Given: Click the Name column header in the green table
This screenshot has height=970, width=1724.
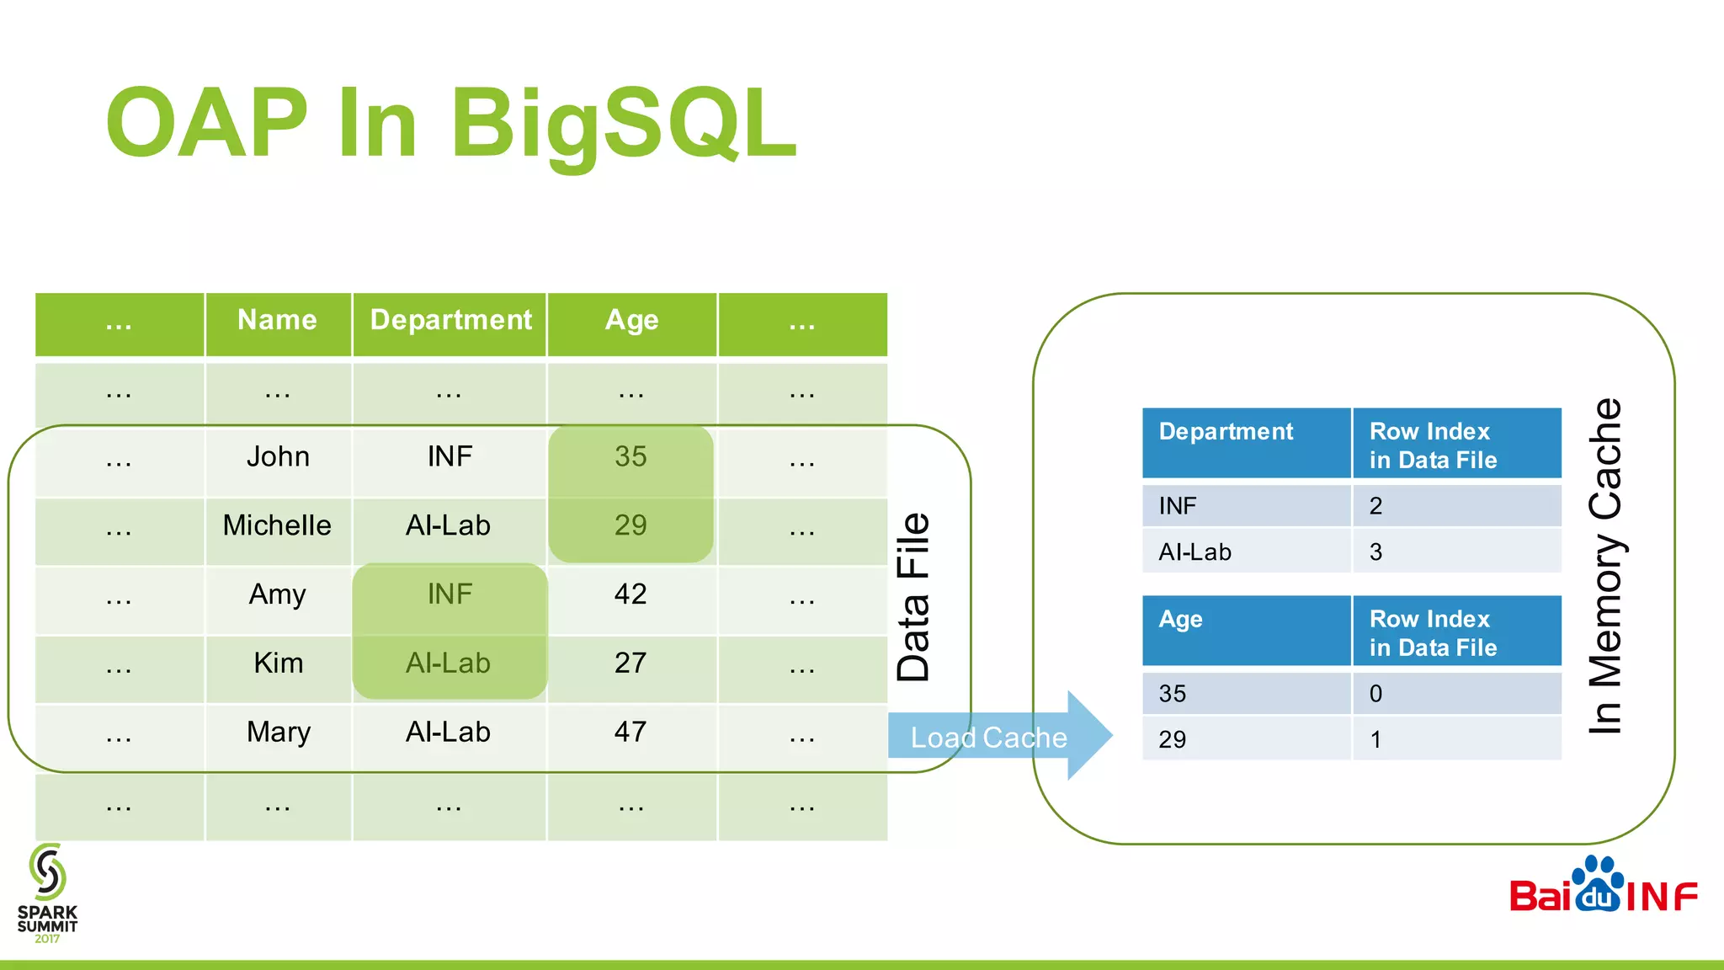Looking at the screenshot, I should click(277, 321).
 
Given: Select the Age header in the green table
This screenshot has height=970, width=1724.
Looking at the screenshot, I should click(631, 321).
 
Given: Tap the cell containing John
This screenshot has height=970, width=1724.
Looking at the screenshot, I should click(278, 457).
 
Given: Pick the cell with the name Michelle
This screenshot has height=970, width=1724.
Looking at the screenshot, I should click(277, 526).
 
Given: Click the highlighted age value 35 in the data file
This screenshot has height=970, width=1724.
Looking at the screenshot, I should click(631, 457).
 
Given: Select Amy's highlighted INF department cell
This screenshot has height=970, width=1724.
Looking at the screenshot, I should click(450, 595).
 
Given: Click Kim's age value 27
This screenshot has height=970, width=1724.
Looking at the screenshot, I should click(631, 664).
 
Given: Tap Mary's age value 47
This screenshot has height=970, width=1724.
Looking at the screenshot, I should click(631, 733).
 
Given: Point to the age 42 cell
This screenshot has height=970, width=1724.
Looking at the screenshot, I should click(631, 595).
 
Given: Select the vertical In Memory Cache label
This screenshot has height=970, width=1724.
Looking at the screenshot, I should click(1604, 566).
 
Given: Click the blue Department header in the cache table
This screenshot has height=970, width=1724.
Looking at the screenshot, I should click(1226, 432).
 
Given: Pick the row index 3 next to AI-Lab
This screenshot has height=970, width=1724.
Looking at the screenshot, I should click(1375, 552).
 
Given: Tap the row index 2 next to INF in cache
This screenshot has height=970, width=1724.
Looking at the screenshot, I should click(1375, 506).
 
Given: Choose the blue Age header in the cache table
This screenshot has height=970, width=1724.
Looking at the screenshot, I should click(1180, 620).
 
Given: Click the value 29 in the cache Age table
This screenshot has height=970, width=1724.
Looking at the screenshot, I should click(1172, 740).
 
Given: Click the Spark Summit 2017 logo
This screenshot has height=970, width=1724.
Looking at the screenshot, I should click(47, 893).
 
